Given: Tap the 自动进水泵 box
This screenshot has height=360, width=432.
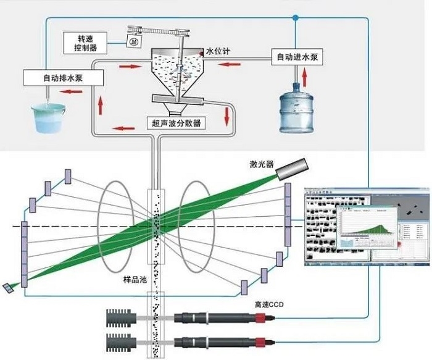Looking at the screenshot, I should coord(297,57).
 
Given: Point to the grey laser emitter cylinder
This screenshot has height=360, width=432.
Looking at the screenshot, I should coord(291,168).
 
